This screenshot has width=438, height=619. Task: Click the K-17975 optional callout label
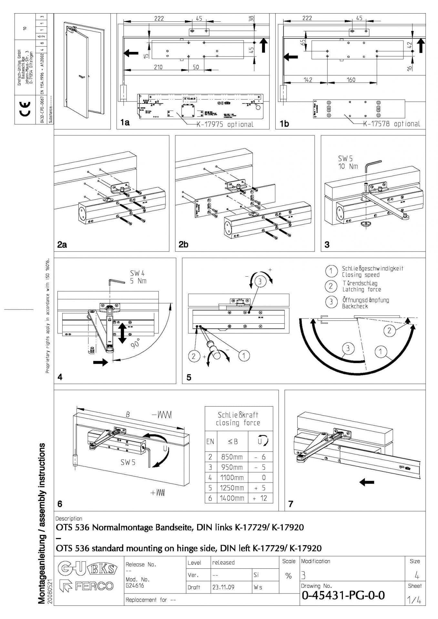pyautogui.click(x=225, y=124)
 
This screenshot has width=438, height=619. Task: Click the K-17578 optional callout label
pyautogui.click(x=392, y=124)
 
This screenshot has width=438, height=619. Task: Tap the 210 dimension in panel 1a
pyautogui.click(x=158, y=67)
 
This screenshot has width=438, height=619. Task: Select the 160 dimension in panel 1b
pyautogui.click(x=351, y=80)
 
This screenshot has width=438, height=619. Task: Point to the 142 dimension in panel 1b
pyautogui.click(x=308, y=80)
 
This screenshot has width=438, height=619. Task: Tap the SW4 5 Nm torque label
pyautogui.click(x=138, y=277)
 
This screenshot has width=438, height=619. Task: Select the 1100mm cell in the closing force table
pyautogui.click(x=232, y=477)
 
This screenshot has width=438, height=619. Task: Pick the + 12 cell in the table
pyautogui.click(x=260, y=498)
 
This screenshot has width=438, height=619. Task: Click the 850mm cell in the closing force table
pyautogui.click(x=232, y=457)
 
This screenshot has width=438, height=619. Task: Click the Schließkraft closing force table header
pyautogui.click(x=238, y=418)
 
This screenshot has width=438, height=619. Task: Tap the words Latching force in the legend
pyautogui.click(x=362, y=290)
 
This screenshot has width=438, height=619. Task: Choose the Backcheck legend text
pyautogui.click(x=355, y=306)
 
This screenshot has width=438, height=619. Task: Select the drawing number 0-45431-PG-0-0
pyautogui.click(x=343, y=595)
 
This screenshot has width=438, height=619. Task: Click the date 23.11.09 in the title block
pyautogui.click(x=223, y=587)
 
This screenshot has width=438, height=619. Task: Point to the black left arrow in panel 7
pyautogui.click(x=367, y=482)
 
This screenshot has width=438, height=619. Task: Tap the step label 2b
pyautogui.click(x=184, y=244)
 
